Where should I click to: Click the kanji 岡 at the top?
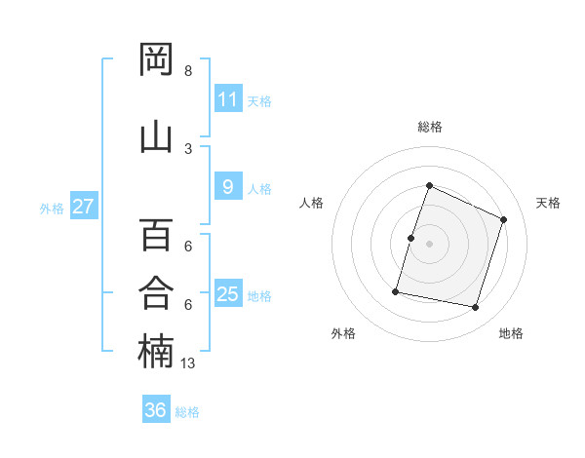[x=156, y=58]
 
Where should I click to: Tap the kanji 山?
[x=156, y=137]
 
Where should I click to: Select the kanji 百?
[x=156, y=235]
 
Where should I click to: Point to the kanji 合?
[x=156, y=292]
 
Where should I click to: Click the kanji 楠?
[x=156, y=351]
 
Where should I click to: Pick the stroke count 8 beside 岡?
[x=188, y=71]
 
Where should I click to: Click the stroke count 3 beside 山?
[x=188, y=149]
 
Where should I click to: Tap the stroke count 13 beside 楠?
[x=187, y=363]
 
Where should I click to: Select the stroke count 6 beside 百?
[x=188, y=247]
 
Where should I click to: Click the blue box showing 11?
[x=228, y=97]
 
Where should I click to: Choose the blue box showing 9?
[x=228, y=186]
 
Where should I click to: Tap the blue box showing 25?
[x=228, y=292]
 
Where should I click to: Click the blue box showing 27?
[x=84, y=206]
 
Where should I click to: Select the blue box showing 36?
[x=156, y=408]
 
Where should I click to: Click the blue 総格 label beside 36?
[x=187, y=412]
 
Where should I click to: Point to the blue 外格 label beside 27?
[x=52, y=209]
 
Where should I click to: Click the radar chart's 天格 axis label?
[x=548, y=203]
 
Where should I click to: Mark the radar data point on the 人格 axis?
[x=410, y=239]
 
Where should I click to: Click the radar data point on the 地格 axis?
[x=475, y=307]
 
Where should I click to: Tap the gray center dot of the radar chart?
[x=429, y=244]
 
